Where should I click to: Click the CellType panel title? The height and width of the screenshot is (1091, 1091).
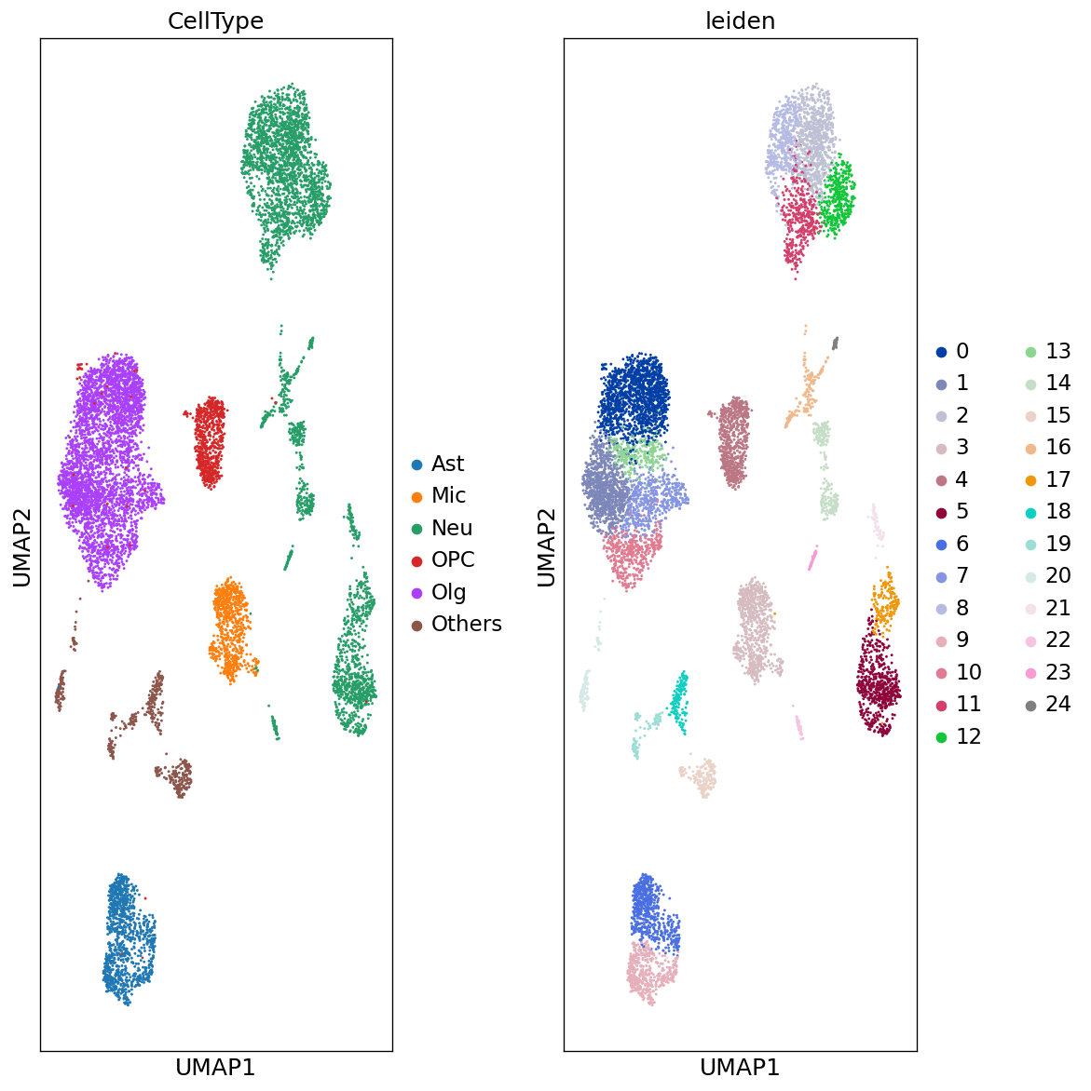tap(215, 21)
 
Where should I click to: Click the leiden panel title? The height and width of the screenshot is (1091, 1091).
tap(740, 21)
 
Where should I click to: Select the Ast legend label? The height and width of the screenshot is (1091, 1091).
tap(447, 464)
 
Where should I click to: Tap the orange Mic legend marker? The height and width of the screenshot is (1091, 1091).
tap(416, 496)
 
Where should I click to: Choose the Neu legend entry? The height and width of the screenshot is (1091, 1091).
tap(452, 528)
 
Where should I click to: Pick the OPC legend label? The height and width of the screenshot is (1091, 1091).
tap(453, 559)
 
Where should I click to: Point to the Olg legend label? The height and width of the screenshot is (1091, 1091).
tap(448, 592)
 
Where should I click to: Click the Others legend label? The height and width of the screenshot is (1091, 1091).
tap(467, 624)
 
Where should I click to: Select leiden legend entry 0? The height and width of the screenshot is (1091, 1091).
tap(961, 351)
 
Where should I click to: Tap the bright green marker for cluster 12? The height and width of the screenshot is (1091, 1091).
tap(941, 737)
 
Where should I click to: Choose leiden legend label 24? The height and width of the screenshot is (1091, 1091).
tap(1057, 704)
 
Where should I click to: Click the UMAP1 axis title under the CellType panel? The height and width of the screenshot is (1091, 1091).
tap(215, 1067)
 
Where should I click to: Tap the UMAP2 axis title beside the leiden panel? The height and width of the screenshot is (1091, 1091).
tap(546, 546)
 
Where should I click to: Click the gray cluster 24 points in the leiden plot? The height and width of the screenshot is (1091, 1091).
tap(836, 343)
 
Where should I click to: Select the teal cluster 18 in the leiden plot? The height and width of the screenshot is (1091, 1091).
tap(680, 700)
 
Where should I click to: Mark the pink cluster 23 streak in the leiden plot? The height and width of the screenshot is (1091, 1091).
tap(812, 559)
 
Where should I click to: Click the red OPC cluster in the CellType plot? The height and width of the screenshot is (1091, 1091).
tap(210, 442)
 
